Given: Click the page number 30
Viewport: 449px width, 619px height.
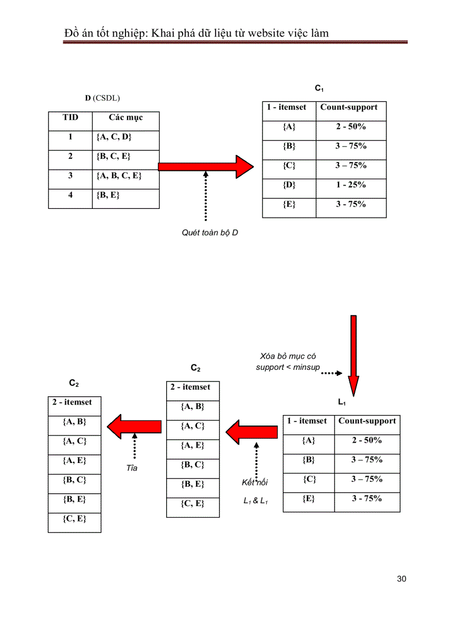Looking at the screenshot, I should coord(401,579).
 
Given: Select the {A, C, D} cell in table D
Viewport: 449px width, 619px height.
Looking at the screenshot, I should coord(113,137).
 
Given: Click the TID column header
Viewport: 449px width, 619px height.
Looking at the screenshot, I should coord(70,117).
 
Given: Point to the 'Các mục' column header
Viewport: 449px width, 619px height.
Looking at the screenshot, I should coord(125,117).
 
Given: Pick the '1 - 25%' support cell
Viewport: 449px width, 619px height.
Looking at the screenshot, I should coord(351,185).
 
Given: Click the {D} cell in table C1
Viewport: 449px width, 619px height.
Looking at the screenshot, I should coord(289,185).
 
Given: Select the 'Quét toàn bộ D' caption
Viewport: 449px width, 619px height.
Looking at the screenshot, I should coord(210,233).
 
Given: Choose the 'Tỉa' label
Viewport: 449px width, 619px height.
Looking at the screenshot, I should coord(132,468).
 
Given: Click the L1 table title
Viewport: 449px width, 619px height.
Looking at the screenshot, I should coord(342,403).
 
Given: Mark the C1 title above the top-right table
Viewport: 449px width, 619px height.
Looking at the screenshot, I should coord(319,88).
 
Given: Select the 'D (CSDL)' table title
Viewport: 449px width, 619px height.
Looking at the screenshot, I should coord(102,98).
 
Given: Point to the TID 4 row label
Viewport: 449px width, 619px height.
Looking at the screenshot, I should coord(70,195).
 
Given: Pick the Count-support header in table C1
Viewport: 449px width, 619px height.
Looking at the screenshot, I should coord(349,107).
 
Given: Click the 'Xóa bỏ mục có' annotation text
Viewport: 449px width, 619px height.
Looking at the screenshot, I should coord(288,357).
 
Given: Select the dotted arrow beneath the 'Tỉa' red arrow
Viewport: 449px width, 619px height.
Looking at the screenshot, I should coord(134,446).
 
